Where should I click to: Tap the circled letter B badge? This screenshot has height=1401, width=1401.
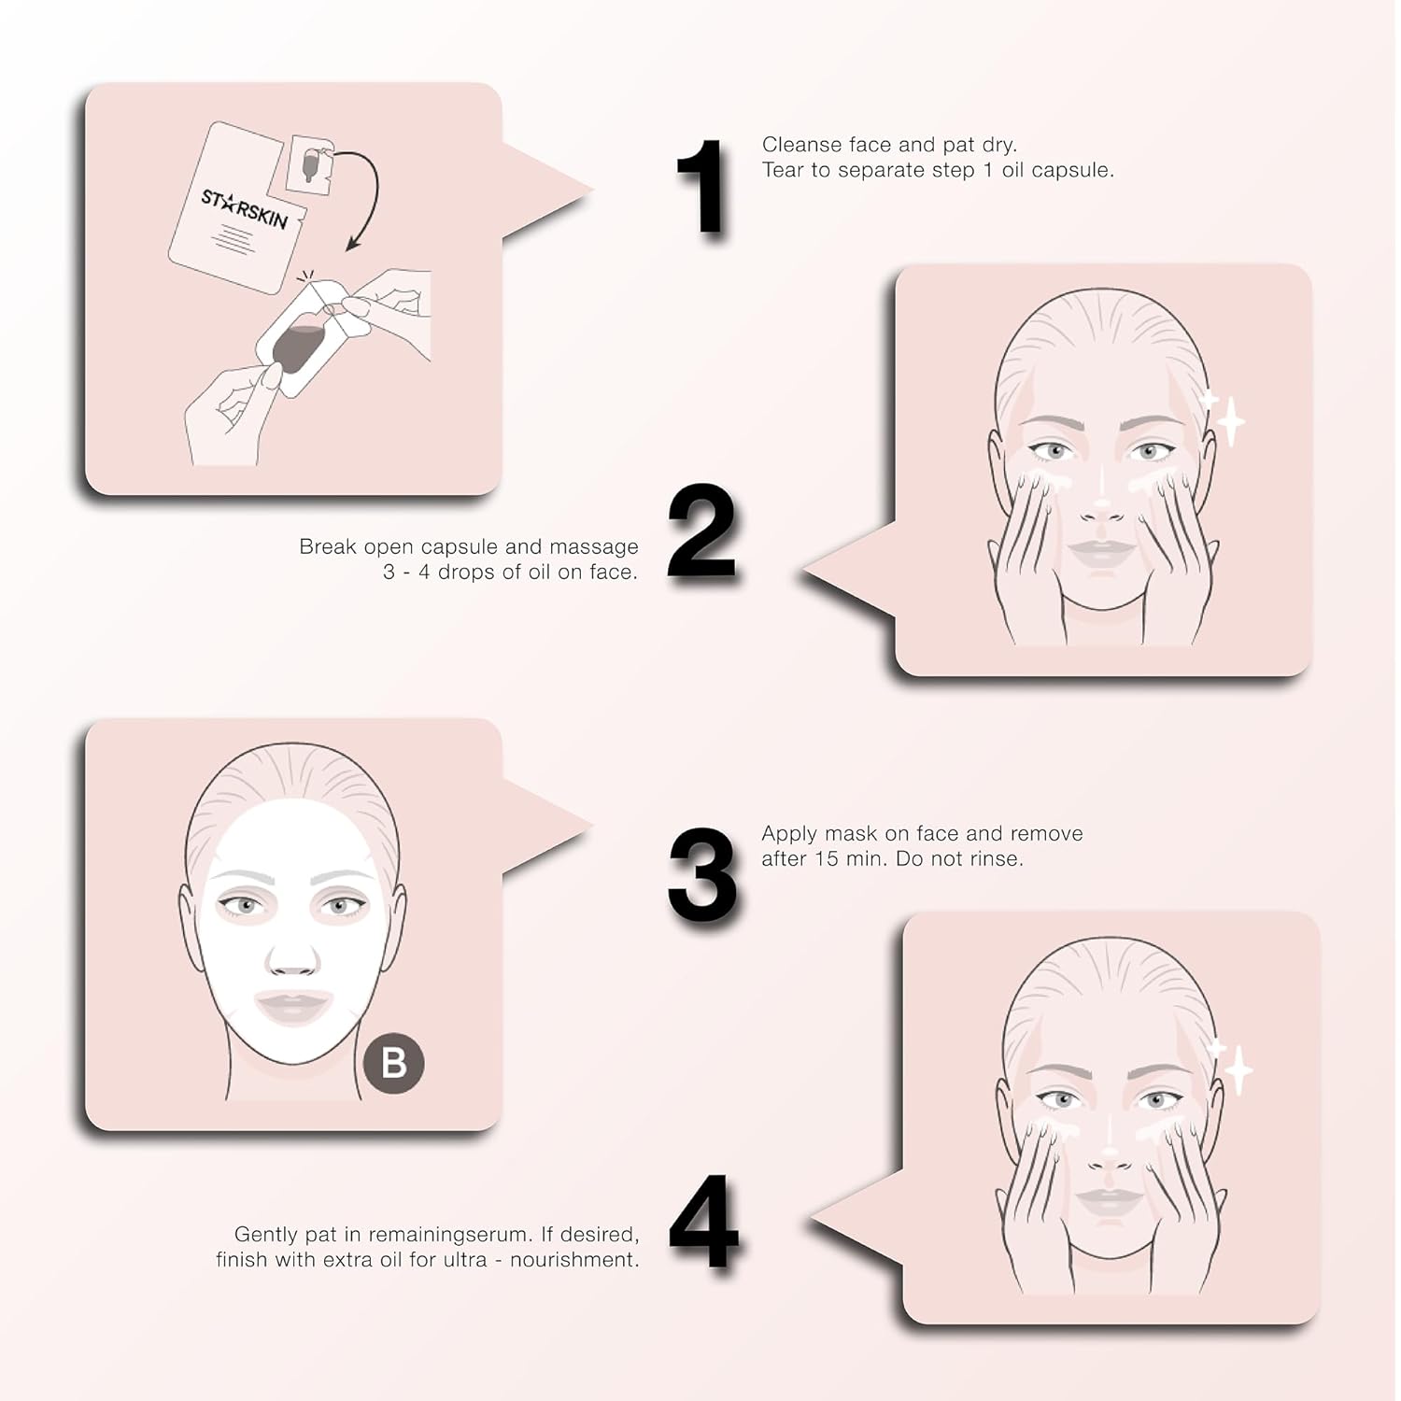pos(393,1063)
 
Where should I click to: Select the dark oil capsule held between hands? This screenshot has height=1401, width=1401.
pos(297,349)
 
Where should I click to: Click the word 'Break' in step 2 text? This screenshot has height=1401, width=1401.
pos(327,546)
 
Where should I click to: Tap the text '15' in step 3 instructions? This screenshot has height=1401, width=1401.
pos(826,858)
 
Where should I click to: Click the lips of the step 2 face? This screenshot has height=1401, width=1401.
pos(1103,551)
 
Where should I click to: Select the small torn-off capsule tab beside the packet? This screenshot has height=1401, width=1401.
pos(311,165)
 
